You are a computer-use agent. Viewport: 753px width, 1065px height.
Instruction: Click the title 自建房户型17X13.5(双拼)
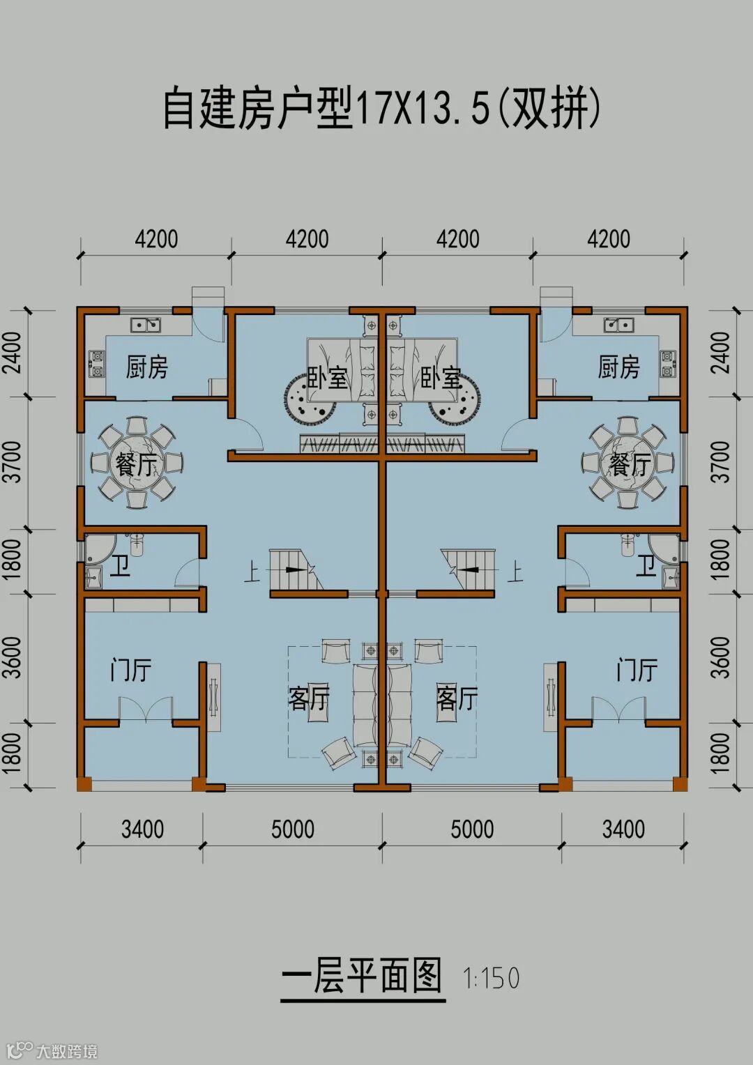tap(381, 109)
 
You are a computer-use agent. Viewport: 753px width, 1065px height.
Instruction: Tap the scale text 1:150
tap(492, 978)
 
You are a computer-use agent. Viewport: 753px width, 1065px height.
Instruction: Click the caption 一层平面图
tap(363, 976)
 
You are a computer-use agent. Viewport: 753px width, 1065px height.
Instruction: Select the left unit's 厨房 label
tap(147, 367)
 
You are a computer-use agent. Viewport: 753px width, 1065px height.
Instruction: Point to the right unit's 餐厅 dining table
tap(627, 463)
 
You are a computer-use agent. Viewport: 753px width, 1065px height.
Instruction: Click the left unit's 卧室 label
tap(327, 378)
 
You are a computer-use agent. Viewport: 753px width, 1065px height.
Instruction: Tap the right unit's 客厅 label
tap(457, 698)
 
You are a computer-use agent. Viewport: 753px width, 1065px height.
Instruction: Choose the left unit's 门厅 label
tap(131, 670)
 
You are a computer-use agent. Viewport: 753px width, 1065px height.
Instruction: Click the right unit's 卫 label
tap(646, 565)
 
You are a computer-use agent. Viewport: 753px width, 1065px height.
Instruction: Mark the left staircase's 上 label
tap(252, 572)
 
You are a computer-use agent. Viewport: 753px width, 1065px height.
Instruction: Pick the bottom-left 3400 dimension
tap(142, 829)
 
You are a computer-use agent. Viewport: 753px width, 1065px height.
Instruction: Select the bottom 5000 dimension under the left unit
tap(293, 829)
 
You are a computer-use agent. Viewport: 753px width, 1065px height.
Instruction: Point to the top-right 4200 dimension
tap(609, 239)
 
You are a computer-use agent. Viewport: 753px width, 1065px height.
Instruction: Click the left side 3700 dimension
tap(13, 461)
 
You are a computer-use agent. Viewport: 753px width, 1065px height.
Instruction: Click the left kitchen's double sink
tap(145, 324)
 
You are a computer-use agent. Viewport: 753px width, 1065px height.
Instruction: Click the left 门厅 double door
tap(146, 710)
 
